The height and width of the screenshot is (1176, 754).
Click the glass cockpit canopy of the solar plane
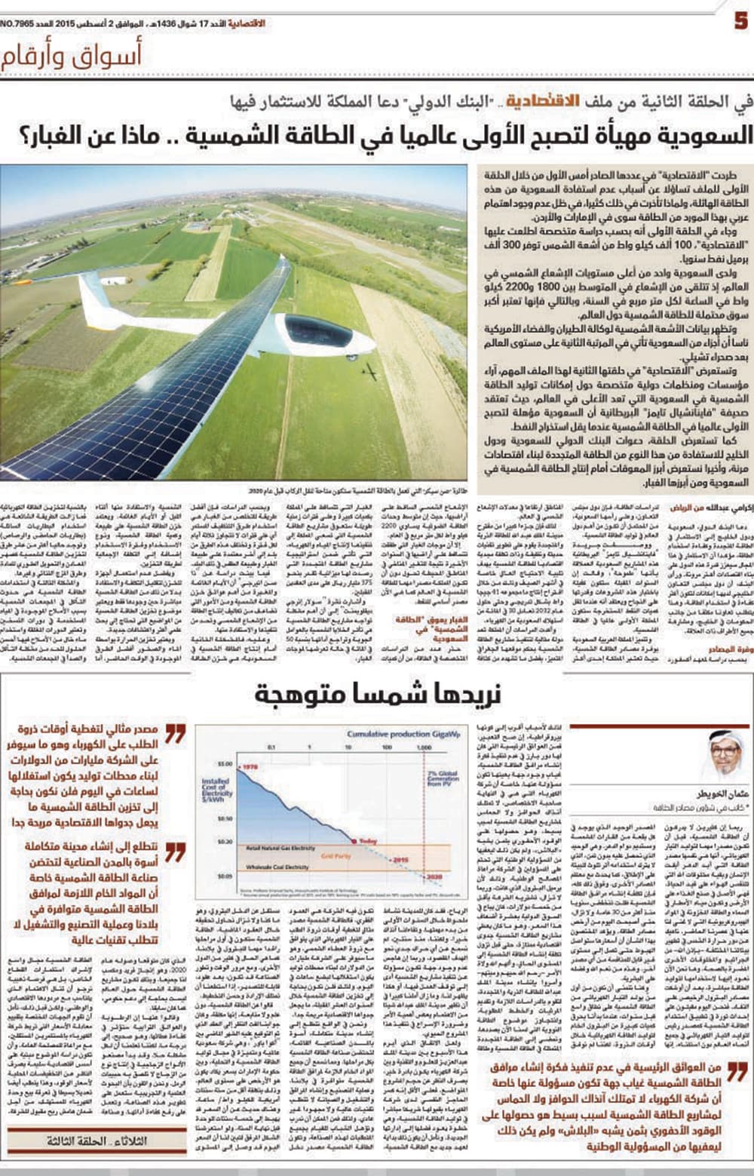pyautogui.click(x=316, y=333)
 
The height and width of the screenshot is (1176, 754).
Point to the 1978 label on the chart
pyautogui.click(x=251, y=766)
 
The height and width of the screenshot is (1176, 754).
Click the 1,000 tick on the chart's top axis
pyautogui.click(x=424, y=748)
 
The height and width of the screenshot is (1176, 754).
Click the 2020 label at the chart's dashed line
pyautogui.click(x=431, y=877)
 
